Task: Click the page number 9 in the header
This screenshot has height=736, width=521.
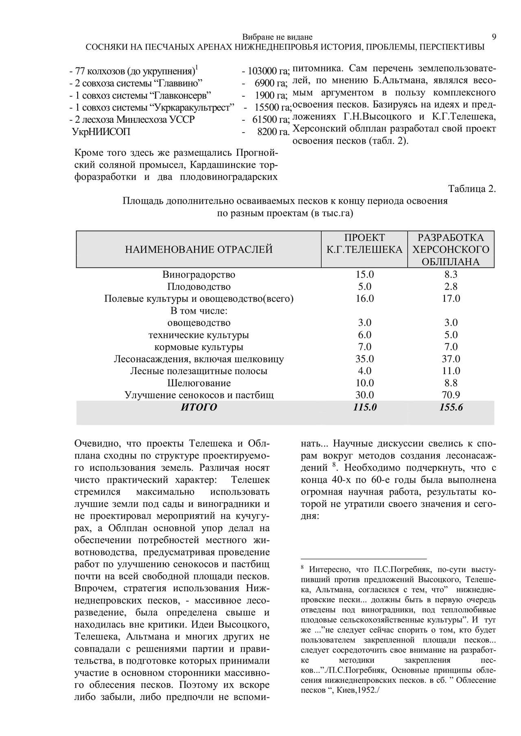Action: point(494,37)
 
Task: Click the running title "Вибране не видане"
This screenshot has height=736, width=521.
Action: point(278,37)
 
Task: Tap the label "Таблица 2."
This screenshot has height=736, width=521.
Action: point(472,189)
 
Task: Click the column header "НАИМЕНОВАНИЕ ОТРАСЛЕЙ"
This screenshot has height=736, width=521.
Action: point(199,249)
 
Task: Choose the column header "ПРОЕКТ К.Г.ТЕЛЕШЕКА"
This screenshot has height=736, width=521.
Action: point(364,244)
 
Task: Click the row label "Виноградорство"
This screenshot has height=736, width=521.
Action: point(199,274)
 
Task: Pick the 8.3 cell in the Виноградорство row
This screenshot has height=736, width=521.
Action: point(451,274)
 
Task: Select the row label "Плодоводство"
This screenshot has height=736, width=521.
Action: point(199,287)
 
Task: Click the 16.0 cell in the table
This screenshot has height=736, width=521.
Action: point(365,298)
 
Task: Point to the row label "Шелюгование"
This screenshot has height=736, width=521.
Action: point(199,383)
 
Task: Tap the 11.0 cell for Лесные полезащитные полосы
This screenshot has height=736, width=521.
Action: point(451,371)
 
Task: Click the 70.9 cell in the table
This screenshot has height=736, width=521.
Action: point(451,395)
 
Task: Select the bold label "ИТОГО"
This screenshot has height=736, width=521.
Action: point(199,407)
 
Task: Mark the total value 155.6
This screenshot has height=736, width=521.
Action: point(451,407)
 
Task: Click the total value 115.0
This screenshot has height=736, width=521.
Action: point(365,407)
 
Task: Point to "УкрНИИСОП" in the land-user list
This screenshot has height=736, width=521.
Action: point(101,132)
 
